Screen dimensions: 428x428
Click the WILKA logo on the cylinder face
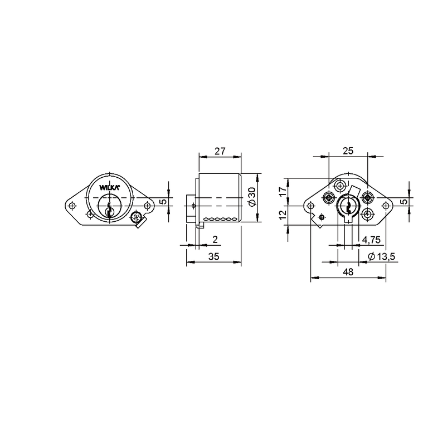(109, 187)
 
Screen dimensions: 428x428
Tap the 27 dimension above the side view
(220, 151)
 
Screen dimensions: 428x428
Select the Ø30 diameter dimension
(252, 197)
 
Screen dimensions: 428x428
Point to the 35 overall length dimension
(214, 256)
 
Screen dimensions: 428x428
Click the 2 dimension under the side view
(215, 240)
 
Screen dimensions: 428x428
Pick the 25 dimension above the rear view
(348, 151)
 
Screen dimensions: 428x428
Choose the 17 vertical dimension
(283, 191)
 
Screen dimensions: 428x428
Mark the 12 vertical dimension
(283, 215)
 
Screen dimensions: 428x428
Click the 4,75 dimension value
(371, 240)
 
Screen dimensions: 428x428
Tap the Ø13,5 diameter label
(382, 256)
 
